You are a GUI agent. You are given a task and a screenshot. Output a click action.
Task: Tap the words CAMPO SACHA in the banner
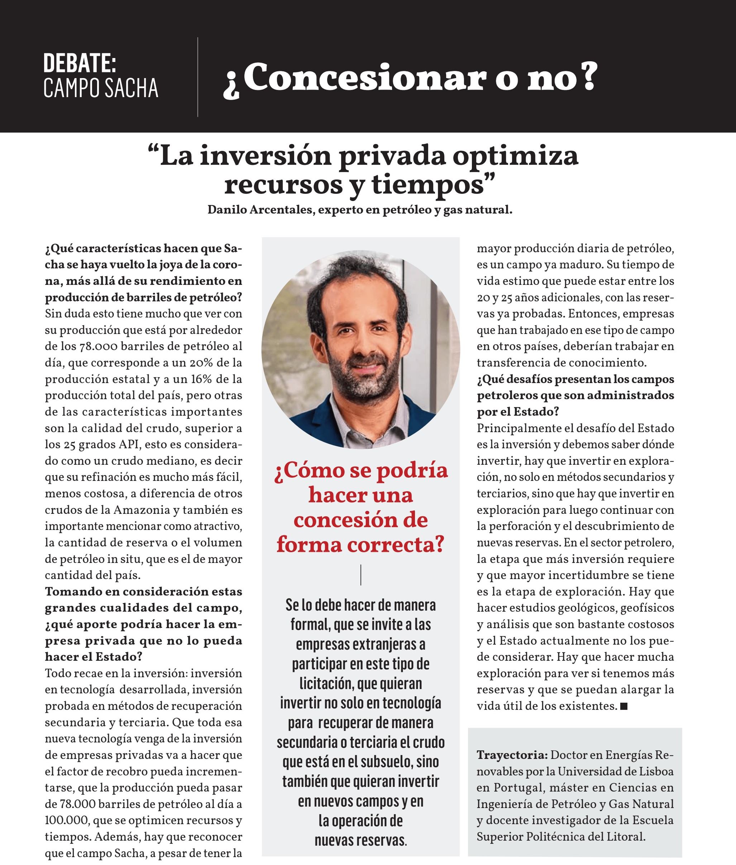pyautogui.click(x=101, y=89)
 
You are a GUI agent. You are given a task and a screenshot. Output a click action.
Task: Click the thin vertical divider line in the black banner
pyautogui.click(x=198, y=77)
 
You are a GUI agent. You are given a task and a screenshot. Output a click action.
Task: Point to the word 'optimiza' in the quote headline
pyautogui.click(x=516, y=156)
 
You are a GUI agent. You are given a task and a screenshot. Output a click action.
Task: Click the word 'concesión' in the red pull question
pyautogui.click(x=360, y=520)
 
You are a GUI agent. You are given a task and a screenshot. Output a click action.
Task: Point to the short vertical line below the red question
pyautogui.click(x=360, y=575)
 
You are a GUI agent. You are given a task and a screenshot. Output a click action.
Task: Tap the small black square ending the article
pyautogui.click(x=624, y=706)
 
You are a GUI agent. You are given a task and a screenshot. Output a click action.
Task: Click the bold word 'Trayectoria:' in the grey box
pyautogui.click(x=512, y=755)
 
